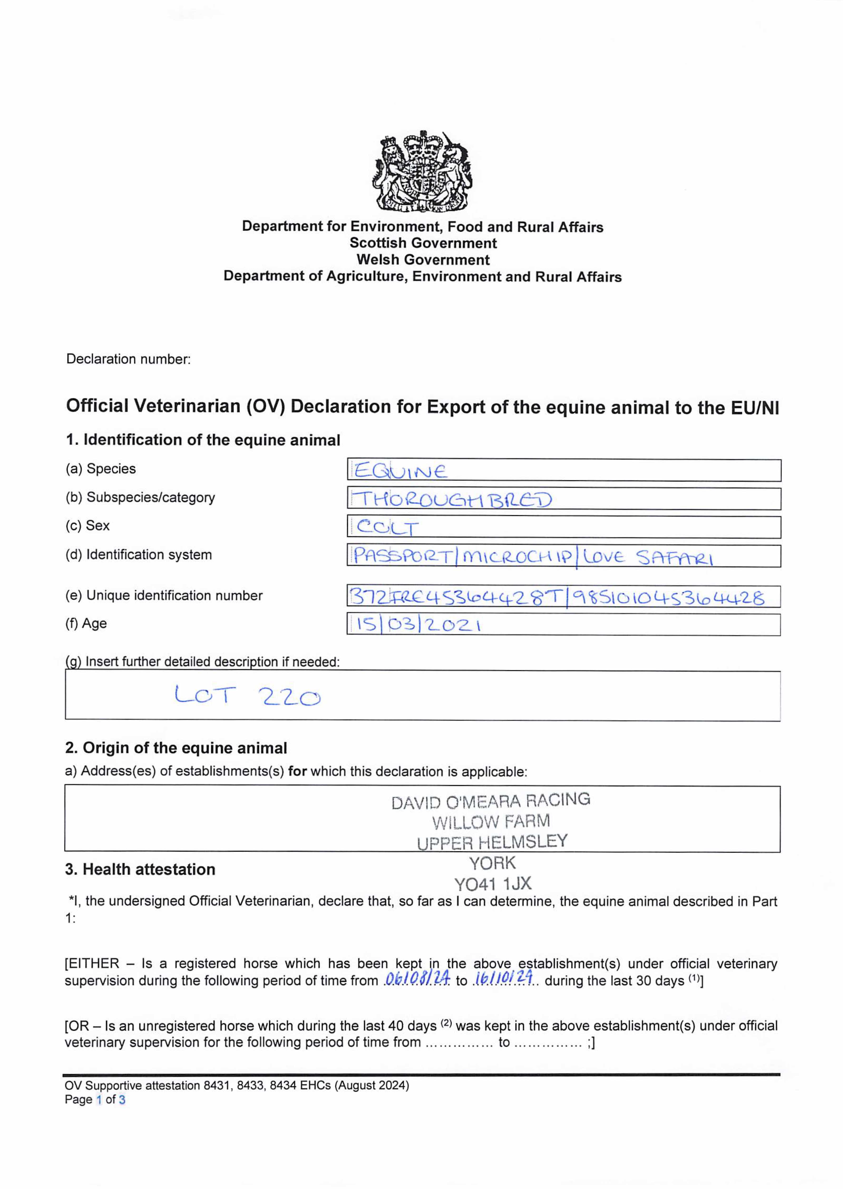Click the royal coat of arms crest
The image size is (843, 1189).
coord(423,171)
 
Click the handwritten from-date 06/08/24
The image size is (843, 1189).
coord(417,978)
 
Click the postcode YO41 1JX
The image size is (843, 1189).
coord(493,884)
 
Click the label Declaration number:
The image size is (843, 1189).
coord(128,359)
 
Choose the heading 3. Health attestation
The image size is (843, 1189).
coord(140,869)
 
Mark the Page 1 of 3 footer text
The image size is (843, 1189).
coord(95,1100)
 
